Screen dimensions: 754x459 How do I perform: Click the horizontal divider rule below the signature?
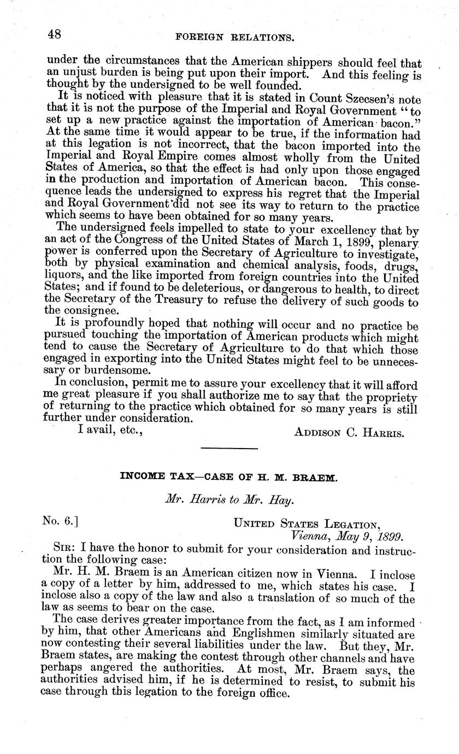[229, 449]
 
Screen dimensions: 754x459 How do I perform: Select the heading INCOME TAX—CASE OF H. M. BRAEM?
[229, 476]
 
